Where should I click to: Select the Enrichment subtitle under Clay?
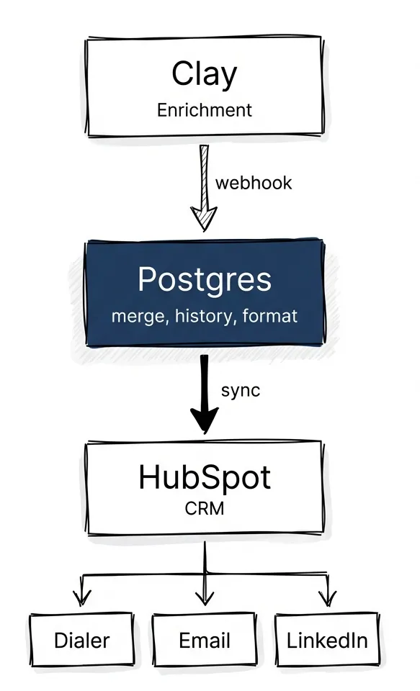(x=205, y=110)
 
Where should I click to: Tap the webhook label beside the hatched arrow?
(x=254, y=182)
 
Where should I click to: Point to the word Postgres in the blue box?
(x=205, y=279)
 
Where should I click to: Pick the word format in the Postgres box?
(x=271, y=316)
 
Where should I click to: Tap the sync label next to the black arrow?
(x=241, y=391)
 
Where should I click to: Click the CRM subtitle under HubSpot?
(x=205, y=509)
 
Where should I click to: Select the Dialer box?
(x=82, y=640)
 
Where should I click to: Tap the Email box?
(x=205, y=640)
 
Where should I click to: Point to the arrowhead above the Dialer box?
(x=82, y=597)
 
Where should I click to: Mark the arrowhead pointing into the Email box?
(x=205, y=597)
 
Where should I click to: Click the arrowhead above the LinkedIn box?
(x=328, y=597)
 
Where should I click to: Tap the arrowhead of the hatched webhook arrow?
(x=204, y=217)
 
